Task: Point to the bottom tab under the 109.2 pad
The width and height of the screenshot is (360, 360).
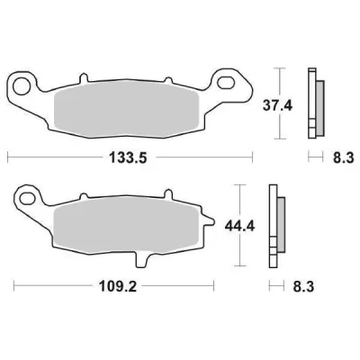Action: coord(142,258)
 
